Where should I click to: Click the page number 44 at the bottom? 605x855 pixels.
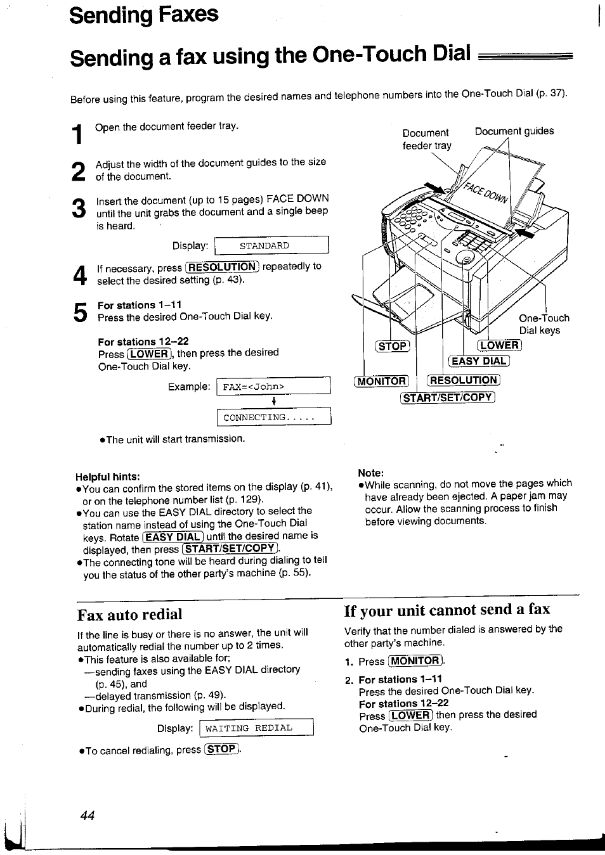pyautogui.click(x=88, y=816)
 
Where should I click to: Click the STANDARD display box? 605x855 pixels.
pyautogui.click(x=271, y=245)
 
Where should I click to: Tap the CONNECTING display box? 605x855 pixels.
pyautogui.click(x=273, y=417)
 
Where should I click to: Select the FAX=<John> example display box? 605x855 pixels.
pyautogui.click(x=273, y=386)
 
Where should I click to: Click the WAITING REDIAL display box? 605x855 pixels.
pyautogui.click(x=256, y=728)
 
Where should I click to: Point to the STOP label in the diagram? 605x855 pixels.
pyautogui.click(x=393, y=346)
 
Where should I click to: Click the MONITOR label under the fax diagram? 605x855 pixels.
pyautogui.click(x=382, y=381)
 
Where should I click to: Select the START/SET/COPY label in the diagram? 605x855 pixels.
pyautogui.click(x=447, y=397)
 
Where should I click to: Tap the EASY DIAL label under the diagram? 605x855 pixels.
pyautogui.click(x=479, y=361)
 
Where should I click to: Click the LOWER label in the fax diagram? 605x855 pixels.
pyautogui.click(x=500, y=345)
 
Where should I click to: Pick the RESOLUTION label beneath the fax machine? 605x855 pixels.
pyautogui.click(x=464, y=380)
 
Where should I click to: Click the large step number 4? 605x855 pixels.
pyautogui.click(x=79, y=275)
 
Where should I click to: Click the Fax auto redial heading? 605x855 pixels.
pyautogui.click(x=129, y=614)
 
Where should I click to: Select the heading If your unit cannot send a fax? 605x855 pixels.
pyautogui.click(x=447, y=610)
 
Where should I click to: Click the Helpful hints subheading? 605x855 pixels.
pyautogui.click(x=108, y=476)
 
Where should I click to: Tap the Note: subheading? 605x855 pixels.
pyautogui.click(x=371, y=472)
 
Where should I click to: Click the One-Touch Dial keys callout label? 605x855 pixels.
pyautogui.click(x=543, y=324)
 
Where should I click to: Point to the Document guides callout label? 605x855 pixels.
pyautogui.click(x=514, y=131)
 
